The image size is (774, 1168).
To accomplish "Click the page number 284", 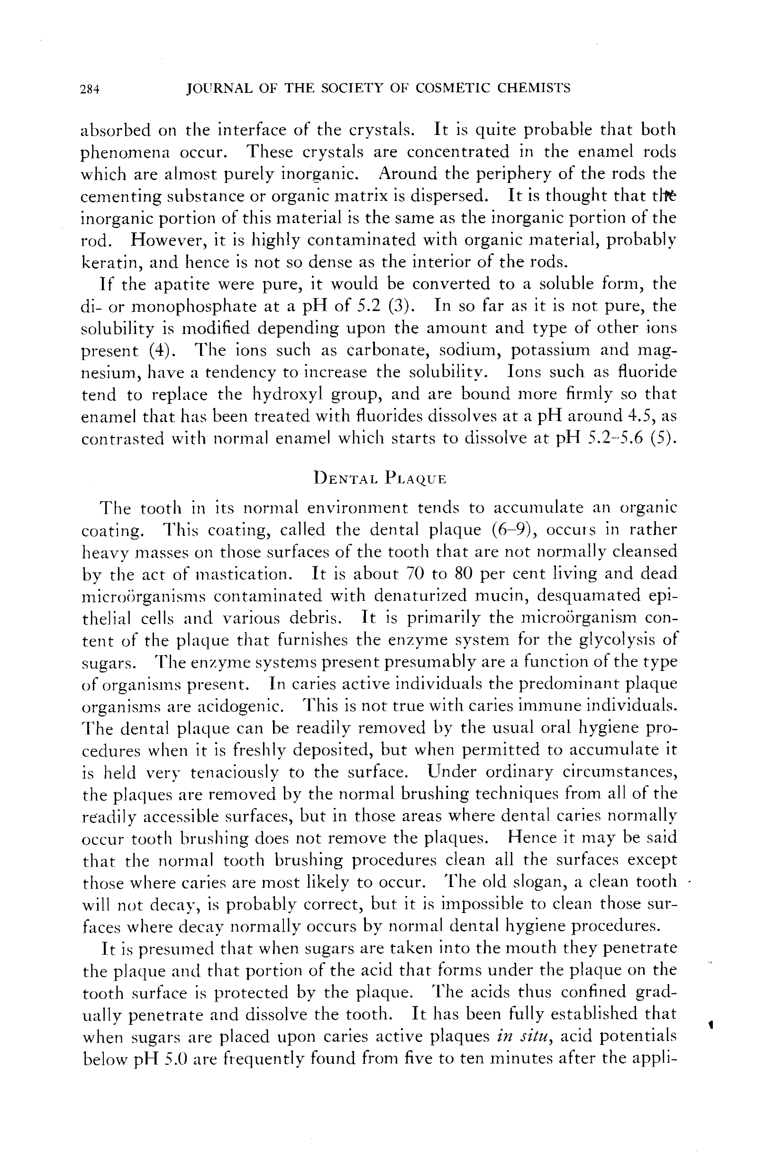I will (x=90, y=89).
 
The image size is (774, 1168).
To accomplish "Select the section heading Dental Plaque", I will (x=380, y=478).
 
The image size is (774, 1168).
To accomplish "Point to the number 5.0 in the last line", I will (x=176, y=1060).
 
